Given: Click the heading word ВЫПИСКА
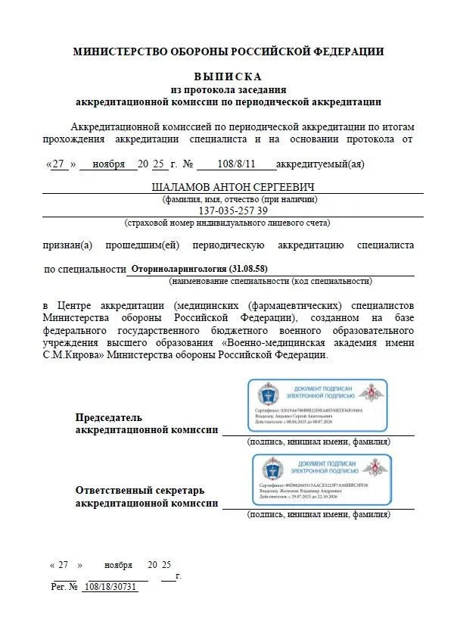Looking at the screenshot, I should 228,76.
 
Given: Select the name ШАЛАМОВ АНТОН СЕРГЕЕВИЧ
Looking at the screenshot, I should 228,187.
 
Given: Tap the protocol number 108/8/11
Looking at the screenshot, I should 236,164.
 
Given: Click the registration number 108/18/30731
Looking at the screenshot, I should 110,587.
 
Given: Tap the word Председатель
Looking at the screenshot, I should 108,418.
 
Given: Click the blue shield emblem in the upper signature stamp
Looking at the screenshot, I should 269,395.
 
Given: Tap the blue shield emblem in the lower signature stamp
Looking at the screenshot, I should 273,469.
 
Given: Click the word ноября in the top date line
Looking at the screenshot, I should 108,164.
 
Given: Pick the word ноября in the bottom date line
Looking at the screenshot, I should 118,565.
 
